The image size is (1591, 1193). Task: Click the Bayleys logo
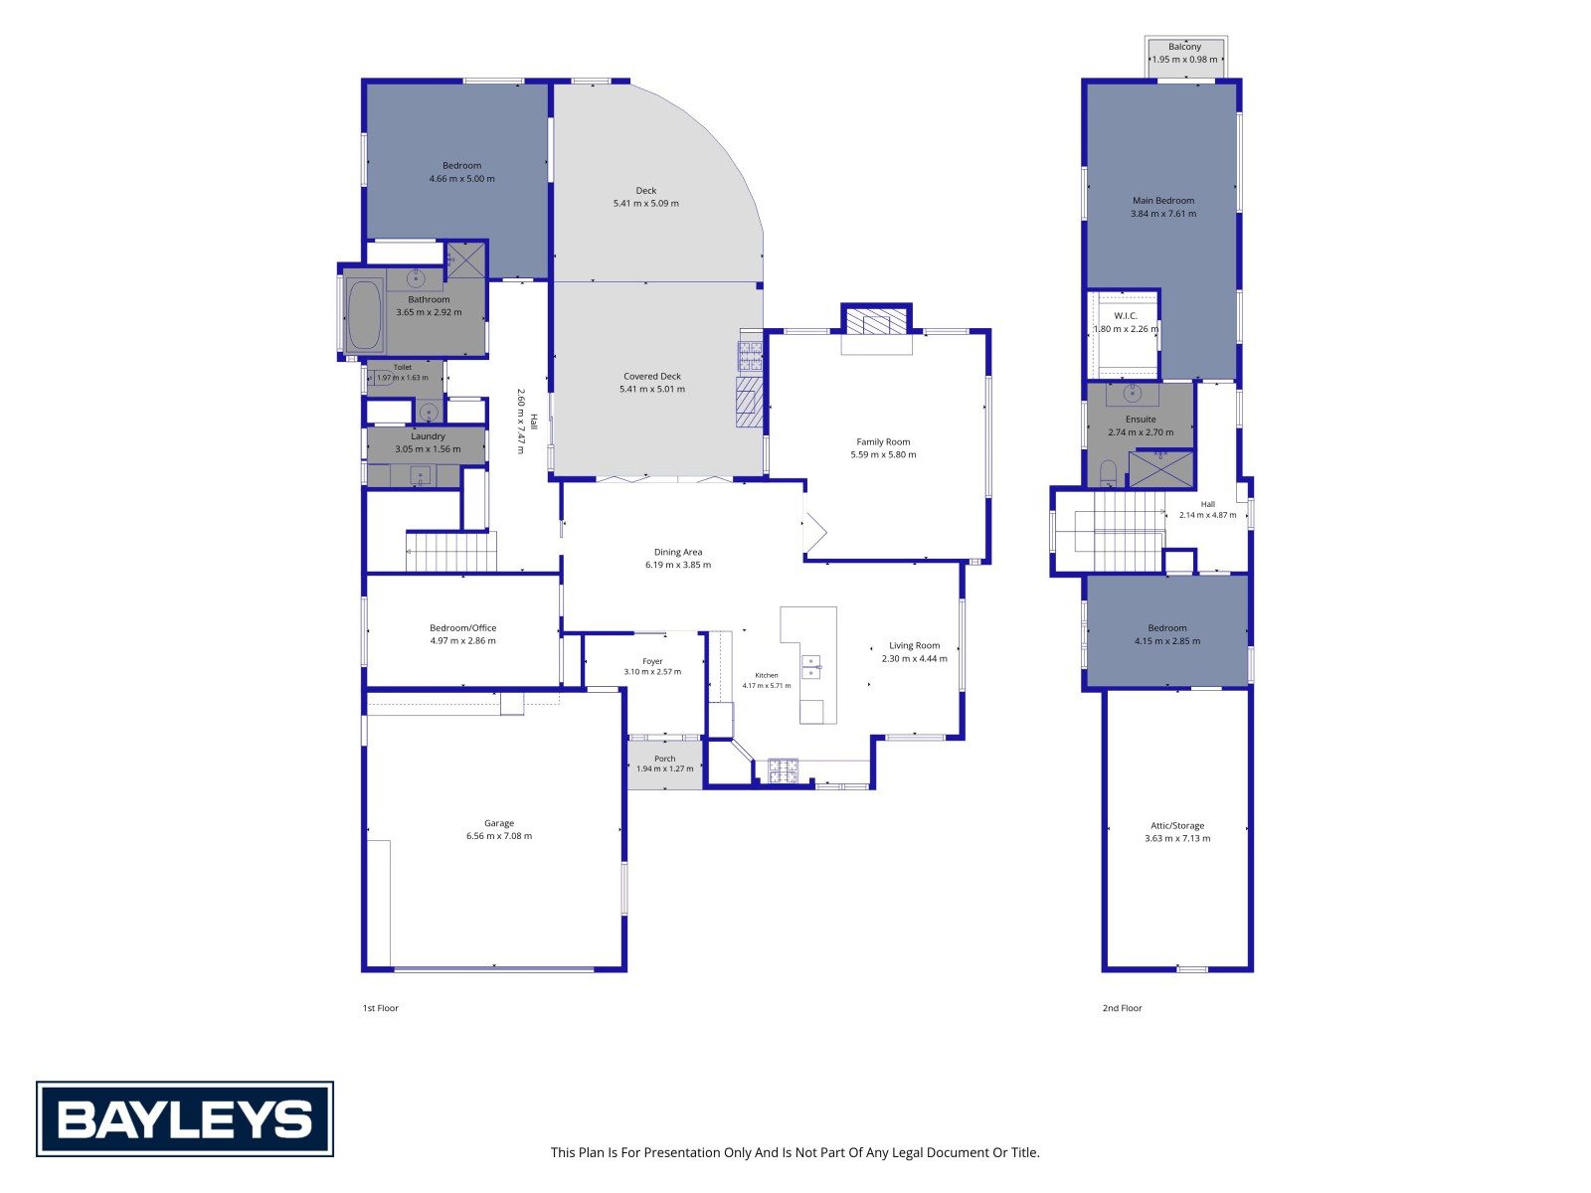coord(184,1118)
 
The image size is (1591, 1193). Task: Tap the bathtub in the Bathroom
coord(365,316)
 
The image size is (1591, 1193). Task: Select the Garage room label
coord(499,823)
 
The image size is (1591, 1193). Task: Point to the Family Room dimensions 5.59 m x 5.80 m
coord(883,455)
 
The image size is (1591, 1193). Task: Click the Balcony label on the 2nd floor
coord(1184,47)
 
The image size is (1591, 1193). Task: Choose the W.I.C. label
coord(1126,316)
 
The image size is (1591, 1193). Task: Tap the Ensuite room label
coord(1141,420)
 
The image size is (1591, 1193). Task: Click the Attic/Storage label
coord(1177,826)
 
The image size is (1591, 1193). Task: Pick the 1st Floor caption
coord(381,1008)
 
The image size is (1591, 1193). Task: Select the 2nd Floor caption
coord(1122,1008)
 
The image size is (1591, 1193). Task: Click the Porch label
coord(664,760)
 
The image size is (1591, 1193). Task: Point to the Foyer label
coord(652,661)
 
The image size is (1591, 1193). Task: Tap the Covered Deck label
coord(652,377)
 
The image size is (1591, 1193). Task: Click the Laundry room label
coord(428,436)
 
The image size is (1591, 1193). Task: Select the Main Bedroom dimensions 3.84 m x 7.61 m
coord(1163,214)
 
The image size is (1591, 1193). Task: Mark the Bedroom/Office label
coord(463,628)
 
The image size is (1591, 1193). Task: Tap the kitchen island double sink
coord(810,667)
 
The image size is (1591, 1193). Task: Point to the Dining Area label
coord(678,552)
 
